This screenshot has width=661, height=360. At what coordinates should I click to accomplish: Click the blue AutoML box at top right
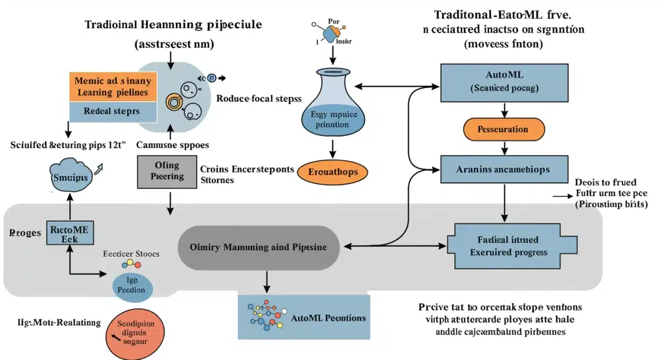504,83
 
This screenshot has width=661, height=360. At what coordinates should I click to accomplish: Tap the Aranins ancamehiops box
504,169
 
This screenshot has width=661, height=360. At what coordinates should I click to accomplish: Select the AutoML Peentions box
304,318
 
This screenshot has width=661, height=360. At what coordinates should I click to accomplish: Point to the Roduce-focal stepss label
258,99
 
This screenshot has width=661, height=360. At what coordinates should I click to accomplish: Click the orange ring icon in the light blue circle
173,101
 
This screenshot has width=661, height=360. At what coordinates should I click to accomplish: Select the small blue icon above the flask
329,34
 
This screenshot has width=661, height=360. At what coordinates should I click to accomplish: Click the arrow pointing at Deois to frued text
562,196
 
